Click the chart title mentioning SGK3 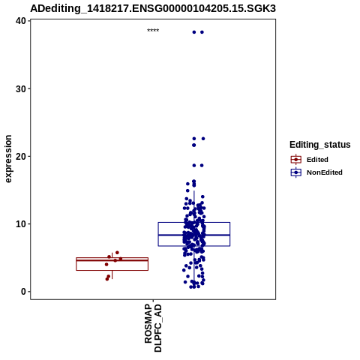[x=153, y=8]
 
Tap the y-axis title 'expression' [x=8, y=159]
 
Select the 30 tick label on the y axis [x=21, y=88]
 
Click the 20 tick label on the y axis [x=21, y=156]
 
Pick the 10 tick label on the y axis [x=21, y=224]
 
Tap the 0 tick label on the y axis [x=24, y=292]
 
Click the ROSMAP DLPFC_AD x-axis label [x=153, y=328]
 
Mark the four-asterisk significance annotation [x=153, y=31]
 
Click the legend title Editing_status [x=320, y=145]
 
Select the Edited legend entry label [x=317, y=160]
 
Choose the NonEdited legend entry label [x=325, y=172]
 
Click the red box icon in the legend [x=296, y=160]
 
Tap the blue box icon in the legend [x=296, y=172]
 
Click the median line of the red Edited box [x=112, y=260]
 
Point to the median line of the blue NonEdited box [x=194, y=235]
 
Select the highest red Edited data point [x=117, y=253]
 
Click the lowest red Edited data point [x=107, y=279]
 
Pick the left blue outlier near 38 [x=194, y=32]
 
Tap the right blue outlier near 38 [x=202, y=32]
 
